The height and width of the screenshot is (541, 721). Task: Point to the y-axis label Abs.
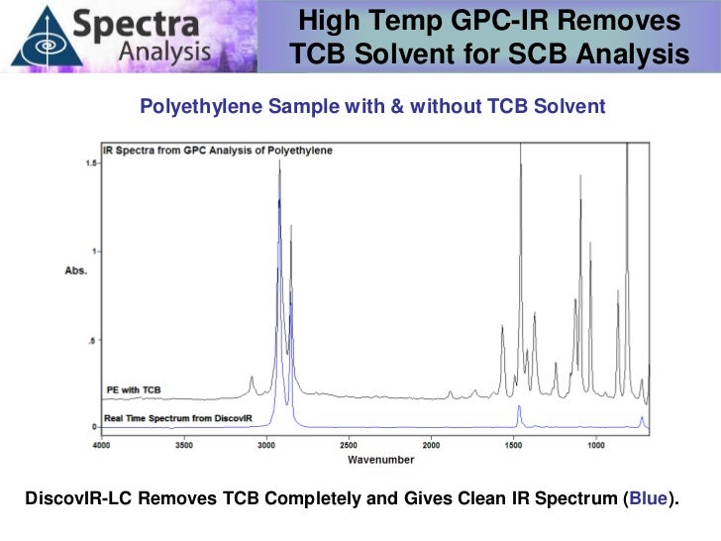coord(76,270)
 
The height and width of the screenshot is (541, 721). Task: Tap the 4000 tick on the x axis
coord(101,446)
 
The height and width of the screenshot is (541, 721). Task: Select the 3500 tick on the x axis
coord(183,446)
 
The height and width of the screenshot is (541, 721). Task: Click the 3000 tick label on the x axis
coord(265,446)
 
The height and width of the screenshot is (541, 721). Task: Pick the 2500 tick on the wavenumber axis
coord(348,446)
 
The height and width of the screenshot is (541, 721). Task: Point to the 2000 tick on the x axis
coord(430,446)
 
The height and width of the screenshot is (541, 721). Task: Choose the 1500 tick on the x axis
coord(512,446)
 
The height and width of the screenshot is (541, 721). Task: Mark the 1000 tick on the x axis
coord(595,446)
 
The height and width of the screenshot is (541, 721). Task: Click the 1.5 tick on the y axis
coord(90,162)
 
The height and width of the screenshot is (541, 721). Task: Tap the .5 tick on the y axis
coord(92,340)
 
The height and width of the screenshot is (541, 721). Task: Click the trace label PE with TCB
coord(133,389)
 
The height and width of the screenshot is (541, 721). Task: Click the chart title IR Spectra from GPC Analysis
coord(218,151)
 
